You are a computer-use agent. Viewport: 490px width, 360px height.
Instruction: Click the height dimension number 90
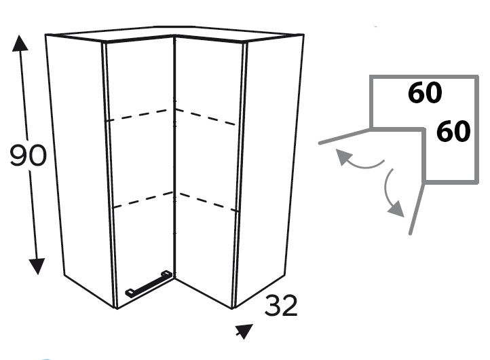28,156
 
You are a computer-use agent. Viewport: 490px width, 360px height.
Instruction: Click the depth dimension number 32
281,306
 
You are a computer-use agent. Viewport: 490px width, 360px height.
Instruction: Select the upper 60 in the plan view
425,92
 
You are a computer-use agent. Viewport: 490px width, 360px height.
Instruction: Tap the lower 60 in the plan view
453,131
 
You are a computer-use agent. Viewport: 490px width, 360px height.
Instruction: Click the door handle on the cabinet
149,283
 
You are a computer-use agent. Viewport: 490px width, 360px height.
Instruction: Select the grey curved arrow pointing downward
391,194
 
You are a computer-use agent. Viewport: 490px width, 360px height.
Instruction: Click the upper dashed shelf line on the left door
140,115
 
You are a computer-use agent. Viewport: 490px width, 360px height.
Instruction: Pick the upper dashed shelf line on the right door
206,117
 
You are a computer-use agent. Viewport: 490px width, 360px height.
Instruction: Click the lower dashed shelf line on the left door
143,200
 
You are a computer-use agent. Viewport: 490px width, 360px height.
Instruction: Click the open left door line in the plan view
344,137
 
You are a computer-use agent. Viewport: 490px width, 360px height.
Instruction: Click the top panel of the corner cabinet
174,34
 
